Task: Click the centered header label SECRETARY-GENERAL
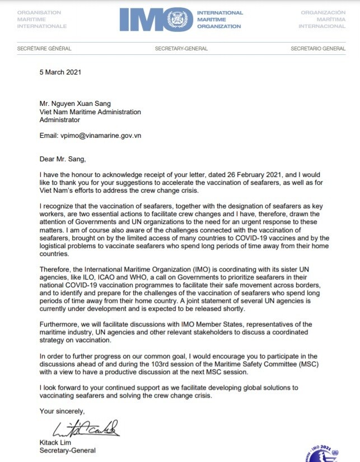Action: (181, 49)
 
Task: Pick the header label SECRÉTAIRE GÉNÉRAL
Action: (44, 49)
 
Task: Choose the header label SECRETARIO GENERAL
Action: (318, 49)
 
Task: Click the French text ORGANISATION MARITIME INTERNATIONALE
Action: (42, 19)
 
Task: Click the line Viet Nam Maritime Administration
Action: (90, 112)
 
